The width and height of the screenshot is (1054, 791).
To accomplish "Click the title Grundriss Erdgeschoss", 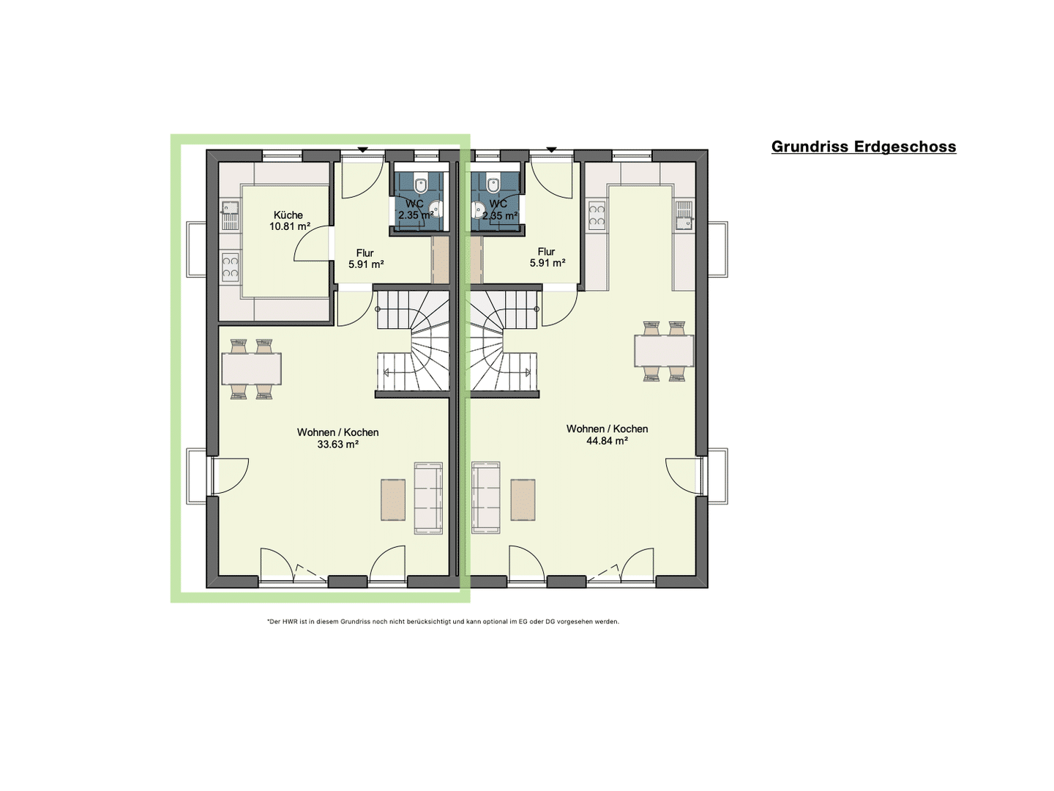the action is (x=864, y=146).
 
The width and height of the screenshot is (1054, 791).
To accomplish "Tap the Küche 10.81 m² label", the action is (x=289, y=220).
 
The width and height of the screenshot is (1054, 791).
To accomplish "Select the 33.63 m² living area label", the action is (x=337, y=438).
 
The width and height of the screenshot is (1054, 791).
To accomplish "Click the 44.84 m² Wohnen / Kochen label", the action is (x=607, y=434).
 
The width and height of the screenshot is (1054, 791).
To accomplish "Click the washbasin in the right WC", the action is (x=479, y=209).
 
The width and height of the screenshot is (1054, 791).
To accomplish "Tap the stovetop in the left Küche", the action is (x=230, y=267).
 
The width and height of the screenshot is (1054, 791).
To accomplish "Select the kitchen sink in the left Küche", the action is (x=230, y=215).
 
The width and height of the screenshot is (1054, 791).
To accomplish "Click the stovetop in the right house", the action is (x=597, y=215).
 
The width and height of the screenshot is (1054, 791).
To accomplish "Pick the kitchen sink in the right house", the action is (x=684, y=215).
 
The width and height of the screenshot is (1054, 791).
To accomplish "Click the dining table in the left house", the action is (x=252, y=369).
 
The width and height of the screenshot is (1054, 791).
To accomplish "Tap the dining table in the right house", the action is (x=664, y=351).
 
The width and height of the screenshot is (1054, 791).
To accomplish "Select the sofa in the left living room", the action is (x=428, y=498).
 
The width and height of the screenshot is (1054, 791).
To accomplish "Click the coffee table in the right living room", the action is (x=523, y=500).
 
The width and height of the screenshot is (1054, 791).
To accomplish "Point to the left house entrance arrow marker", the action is (x=362, y=150).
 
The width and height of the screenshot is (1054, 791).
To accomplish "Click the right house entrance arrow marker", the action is (x=551, y=150).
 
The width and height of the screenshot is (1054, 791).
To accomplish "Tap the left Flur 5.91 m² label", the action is (x=365, y=259).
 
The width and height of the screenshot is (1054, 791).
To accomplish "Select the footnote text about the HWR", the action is (x=444, y=622).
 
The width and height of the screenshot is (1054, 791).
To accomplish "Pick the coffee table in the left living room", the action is (x=393, y=500).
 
